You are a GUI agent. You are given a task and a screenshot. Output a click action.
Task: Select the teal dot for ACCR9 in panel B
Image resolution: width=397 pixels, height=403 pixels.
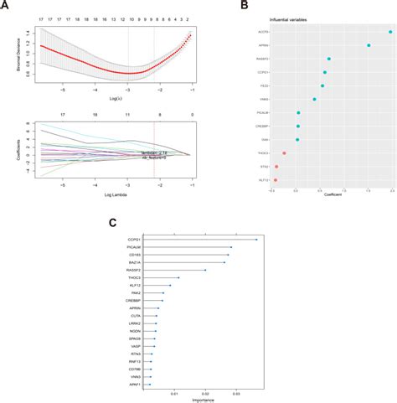pyautogui.click(x=390, y=32)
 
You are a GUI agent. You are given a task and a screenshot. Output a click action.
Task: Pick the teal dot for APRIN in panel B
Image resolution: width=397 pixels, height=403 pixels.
pyautogui.click(x=369, y=45)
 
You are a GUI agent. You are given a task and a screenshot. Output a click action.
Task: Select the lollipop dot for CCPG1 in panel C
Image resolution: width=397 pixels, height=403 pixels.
pyautogui.click(x=256, y=240)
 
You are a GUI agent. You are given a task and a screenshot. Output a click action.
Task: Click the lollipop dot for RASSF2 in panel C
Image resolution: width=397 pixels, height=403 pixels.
pyautogui.click(x=206, y=270)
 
